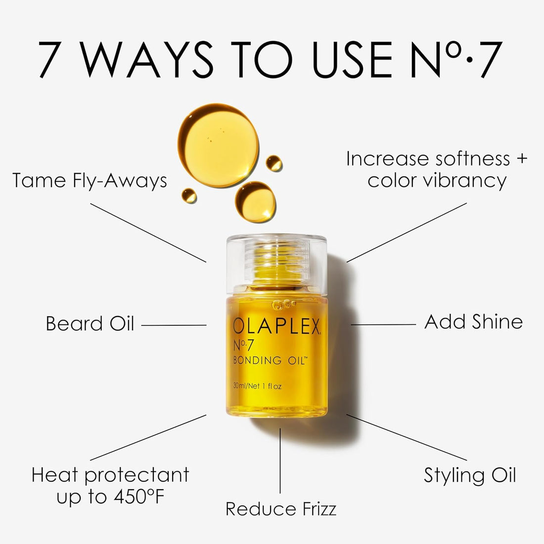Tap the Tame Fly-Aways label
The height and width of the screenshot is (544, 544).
pos(90,181)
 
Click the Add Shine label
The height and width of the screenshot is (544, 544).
pos(473,322)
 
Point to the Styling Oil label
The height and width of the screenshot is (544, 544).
pos(470,476)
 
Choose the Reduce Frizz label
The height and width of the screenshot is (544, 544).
pos(281,509)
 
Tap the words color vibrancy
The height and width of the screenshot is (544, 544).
pos(437,181)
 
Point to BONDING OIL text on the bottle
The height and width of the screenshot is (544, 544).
pos(271,361)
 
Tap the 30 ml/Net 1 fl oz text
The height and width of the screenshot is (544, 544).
pos(257,386)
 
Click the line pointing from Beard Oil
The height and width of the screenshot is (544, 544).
pos(174,325)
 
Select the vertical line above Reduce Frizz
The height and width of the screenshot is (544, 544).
pos(280,460)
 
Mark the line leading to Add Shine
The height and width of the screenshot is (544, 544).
pos(383,325)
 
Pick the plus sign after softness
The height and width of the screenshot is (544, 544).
pos(522,159)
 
